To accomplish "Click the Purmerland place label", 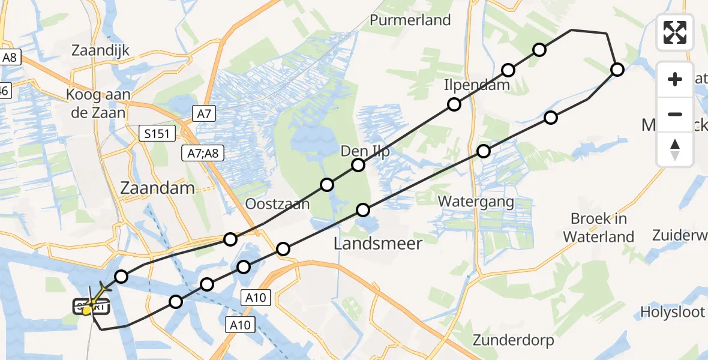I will point(410,20).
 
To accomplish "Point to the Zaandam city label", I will point(157,188).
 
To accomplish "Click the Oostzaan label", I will point(277,204).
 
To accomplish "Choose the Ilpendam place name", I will point(476,85).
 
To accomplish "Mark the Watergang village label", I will point(476,201).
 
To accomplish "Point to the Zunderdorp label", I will point(512,340).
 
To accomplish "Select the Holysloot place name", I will point(674,312).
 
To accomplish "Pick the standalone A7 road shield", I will point(203,112).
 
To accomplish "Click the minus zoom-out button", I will point(675,114).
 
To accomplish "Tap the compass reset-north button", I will point(675,149).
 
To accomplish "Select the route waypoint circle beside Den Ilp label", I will point(358,165).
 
